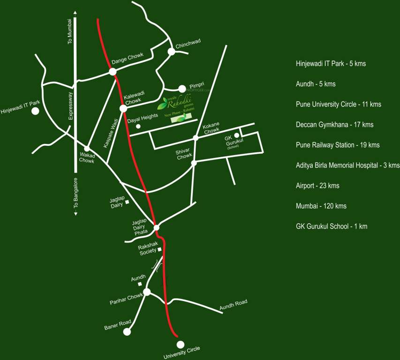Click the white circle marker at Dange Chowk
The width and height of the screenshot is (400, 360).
pos(113,72)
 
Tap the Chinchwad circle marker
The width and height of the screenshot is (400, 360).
pos(172,52)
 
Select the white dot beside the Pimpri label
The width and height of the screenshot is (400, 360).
pos(182,89)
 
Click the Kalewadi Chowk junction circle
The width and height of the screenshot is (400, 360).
pos(123,108)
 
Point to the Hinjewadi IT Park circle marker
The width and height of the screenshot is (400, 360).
pos(35,112)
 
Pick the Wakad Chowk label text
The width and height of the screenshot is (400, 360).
pos(86,157)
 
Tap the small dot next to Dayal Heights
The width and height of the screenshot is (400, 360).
pos(138,127)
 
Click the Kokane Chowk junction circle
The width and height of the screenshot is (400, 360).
pos(196,138)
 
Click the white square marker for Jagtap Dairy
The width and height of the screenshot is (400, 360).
pos(127,202)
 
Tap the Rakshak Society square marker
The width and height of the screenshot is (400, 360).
pos(159,249)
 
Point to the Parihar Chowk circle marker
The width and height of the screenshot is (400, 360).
pos(147,292)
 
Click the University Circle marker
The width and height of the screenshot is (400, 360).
pos(180,344)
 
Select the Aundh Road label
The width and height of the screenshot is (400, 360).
pos(233,305)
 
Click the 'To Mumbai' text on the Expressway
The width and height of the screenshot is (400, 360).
pos(71,31)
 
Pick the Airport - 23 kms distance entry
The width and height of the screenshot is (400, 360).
pos(317,186)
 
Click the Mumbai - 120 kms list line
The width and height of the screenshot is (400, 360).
pos(321,206)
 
